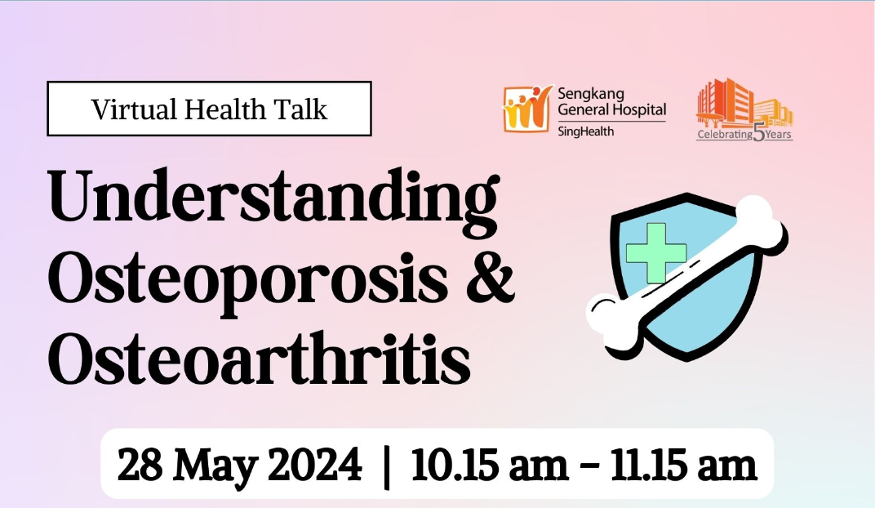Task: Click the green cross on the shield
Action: click(x=655, y=253)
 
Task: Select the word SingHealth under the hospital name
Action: click(x=585, y=131)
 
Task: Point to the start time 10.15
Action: click(x=455, y=465)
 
